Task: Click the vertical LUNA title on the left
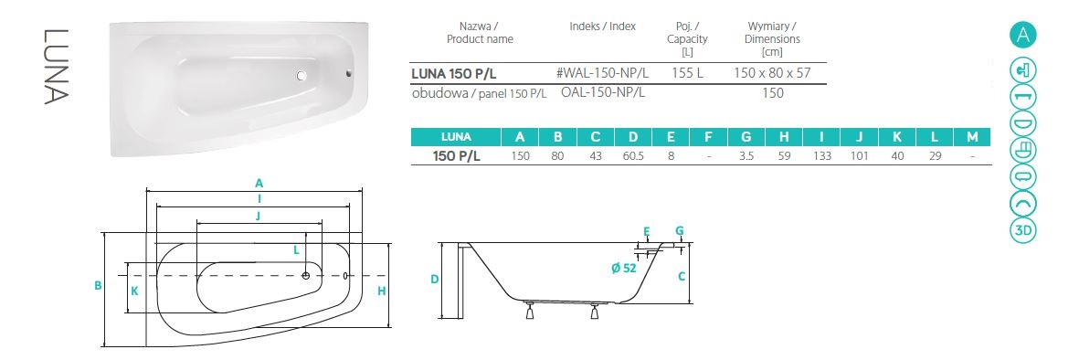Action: [55, 66]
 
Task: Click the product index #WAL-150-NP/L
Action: [602, 72]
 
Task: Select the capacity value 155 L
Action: [687, 72]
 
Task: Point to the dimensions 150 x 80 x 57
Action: [773, 72]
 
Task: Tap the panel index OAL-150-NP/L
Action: [603, 92]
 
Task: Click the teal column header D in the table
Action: [633, 136]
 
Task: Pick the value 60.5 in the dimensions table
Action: [633, 156]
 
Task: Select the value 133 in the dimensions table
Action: [821, 156]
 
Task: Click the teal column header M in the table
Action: [972, 136]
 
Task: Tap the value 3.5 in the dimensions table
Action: [746, 156]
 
